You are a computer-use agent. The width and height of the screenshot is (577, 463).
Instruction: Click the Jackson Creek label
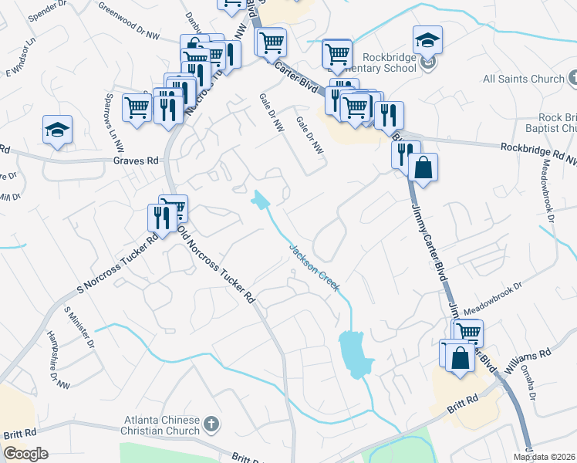[314, 267]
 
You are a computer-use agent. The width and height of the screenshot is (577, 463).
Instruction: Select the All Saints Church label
[523, 79]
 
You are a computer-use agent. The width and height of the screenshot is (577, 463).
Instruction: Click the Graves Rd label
[135, 161]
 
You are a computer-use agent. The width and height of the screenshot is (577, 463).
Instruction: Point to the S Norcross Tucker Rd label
[117, 263]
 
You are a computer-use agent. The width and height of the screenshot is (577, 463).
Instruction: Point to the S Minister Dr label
[79, 326]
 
